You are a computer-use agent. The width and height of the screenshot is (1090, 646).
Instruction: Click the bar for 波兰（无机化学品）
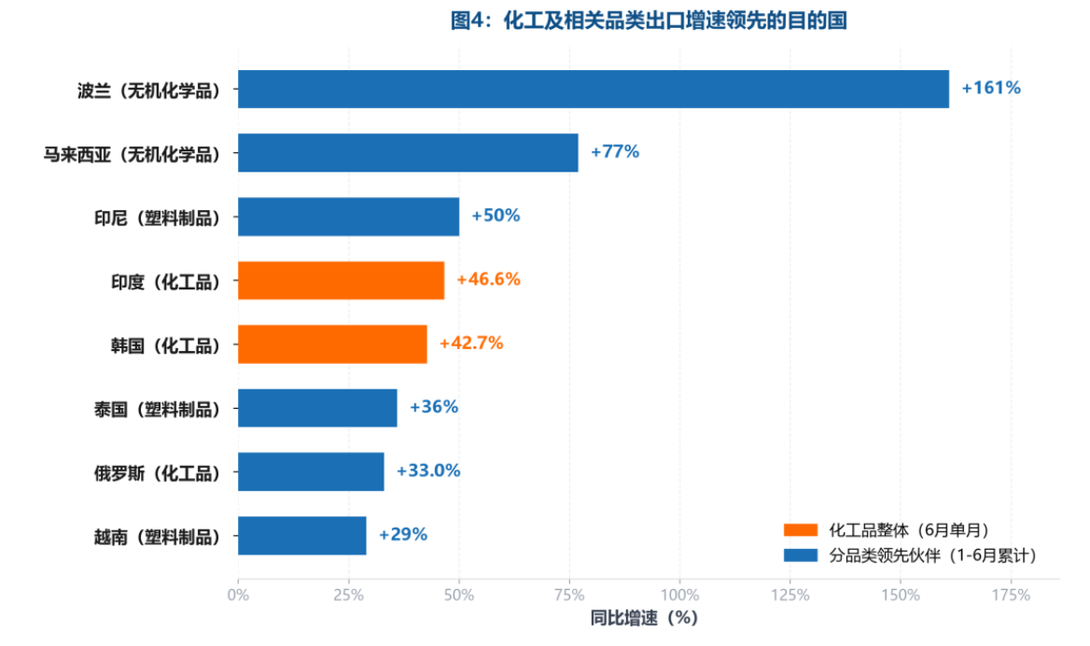(593, 89)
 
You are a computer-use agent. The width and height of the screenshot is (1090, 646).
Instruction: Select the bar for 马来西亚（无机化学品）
(408, 153)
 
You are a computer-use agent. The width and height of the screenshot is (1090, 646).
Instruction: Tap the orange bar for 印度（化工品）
(341, 280)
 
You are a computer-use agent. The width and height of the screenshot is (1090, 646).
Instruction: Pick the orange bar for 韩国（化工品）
(332, 344)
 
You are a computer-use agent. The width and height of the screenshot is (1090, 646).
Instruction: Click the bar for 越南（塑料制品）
(301, 536)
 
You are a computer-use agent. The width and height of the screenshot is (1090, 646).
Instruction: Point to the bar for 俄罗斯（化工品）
(311, 471)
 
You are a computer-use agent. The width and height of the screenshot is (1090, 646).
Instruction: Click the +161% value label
(990, 89)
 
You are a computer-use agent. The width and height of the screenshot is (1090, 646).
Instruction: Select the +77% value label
(614, 151)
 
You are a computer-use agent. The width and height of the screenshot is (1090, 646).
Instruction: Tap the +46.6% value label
(488, 279)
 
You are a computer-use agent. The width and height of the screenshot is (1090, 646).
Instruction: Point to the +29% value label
(402, 535)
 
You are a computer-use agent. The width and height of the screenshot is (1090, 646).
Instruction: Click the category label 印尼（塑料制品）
(157, 218)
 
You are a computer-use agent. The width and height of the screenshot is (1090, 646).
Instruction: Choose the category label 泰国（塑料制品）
(157, 410)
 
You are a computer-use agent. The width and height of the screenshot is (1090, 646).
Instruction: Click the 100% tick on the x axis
(679, 596)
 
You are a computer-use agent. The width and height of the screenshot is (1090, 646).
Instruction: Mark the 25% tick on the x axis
(348, 596)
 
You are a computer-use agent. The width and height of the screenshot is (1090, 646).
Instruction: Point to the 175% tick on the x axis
(1011, 596)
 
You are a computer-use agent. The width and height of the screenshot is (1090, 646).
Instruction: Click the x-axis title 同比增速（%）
(645, 618)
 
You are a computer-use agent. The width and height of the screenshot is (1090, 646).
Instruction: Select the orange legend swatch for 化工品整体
(800, 530)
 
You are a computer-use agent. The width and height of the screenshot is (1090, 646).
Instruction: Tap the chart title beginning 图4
(649, 21)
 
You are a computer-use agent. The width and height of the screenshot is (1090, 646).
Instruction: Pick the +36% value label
(434, 407)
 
